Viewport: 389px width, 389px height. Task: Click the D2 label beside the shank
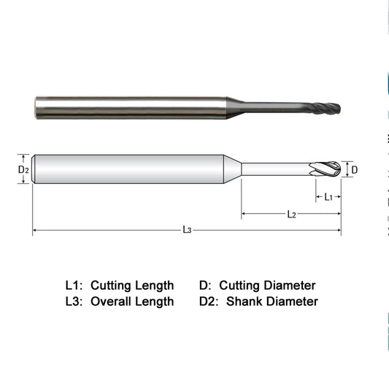(x=23, y=169)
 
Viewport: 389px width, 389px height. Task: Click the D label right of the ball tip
(x=355, y=170)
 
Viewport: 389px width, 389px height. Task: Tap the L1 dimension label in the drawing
(x=328, y=197)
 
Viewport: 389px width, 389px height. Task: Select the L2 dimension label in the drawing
(x=291, y=215)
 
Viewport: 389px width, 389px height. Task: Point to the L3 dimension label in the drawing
(x=187, y=231)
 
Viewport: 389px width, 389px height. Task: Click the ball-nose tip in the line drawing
(x=328, y=169)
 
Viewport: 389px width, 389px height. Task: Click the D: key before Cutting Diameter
(x=205, y=285)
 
